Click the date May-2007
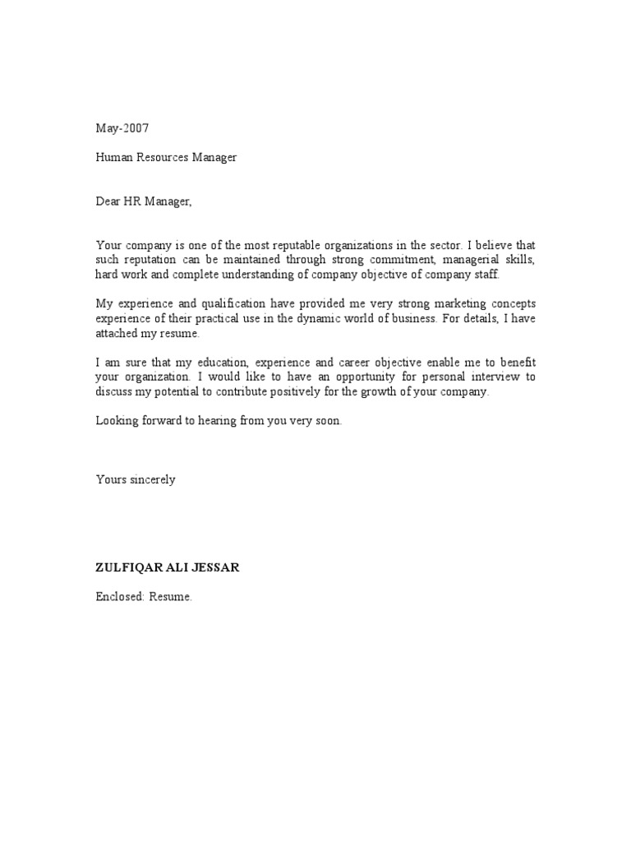click(122, 128)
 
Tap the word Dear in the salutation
click(110, 201)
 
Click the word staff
click(483, 274)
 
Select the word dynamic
click(315, 318)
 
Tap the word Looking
click(116, 421)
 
